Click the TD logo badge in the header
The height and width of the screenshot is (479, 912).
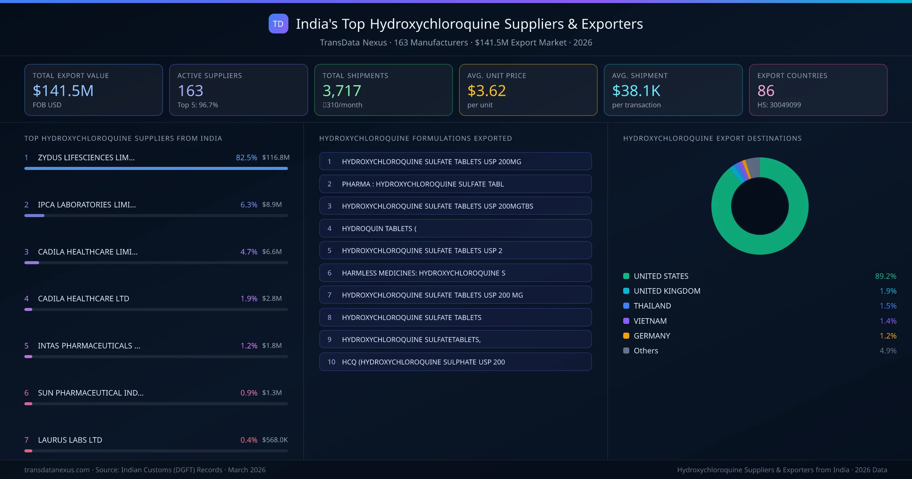point(278,24)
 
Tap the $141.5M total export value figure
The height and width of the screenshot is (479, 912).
point(63,90)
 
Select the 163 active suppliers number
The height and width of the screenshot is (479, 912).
point(190,90)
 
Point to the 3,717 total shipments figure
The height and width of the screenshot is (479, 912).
point(342,90)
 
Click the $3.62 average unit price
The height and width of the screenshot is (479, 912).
point(486,90)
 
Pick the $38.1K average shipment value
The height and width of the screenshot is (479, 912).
point(636,90)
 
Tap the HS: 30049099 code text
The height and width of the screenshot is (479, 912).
point(779,105)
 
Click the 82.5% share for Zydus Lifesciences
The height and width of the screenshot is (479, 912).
point(246,157)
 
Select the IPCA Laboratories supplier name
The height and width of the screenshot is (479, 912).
point(87,205)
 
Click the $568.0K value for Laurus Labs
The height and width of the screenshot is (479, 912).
point(275,440)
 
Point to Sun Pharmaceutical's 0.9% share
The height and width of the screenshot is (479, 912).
point(249,393)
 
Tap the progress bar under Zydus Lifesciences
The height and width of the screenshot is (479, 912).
point(156,168)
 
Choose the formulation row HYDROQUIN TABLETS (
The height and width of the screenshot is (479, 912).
point(455,228)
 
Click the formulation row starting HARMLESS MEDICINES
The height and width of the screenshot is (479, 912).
point(455,273)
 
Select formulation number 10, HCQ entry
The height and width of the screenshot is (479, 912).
point(455,362)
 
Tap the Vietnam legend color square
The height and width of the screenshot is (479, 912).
point(626,321)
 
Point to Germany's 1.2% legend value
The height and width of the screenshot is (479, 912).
point(888,336)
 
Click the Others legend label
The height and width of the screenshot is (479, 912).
point(646,351)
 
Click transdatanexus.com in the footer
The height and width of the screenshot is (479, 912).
point(57,470)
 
